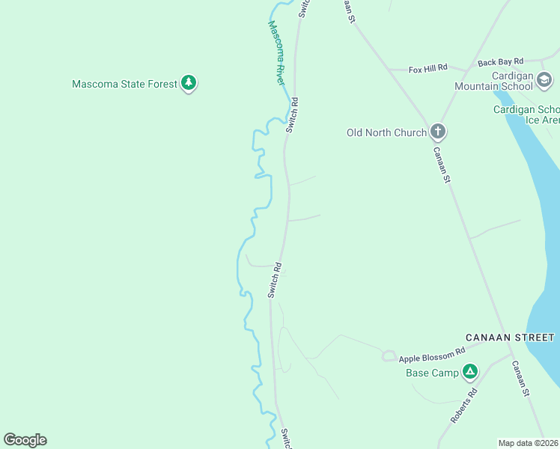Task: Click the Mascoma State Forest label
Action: (124, 84)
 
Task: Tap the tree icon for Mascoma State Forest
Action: (189, 83)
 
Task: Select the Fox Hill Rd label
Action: (427, 69)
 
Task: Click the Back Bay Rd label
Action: (501, 62)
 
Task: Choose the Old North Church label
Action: (386, 132)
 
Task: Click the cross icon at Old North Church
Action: (438, 132)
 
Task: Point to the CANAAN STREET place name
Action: (510, 337)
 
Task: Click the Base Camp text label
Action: (432, 373)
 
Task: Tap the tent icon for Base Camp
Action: (469, 371)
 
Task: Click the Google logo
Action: (25, 440)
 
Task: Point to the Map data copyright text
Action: (529, 443)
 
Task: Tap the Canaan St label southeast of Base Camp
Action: (521, 379)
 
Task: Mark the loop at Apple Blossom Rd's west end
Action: (389, 356)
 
